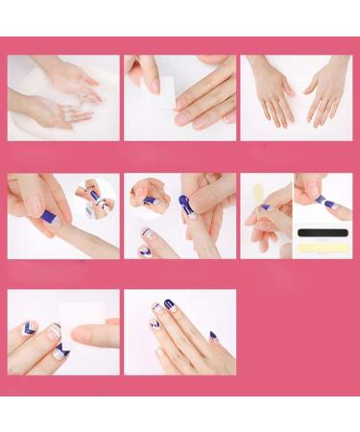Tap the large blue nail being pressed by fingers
click(x=183, y=204)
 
